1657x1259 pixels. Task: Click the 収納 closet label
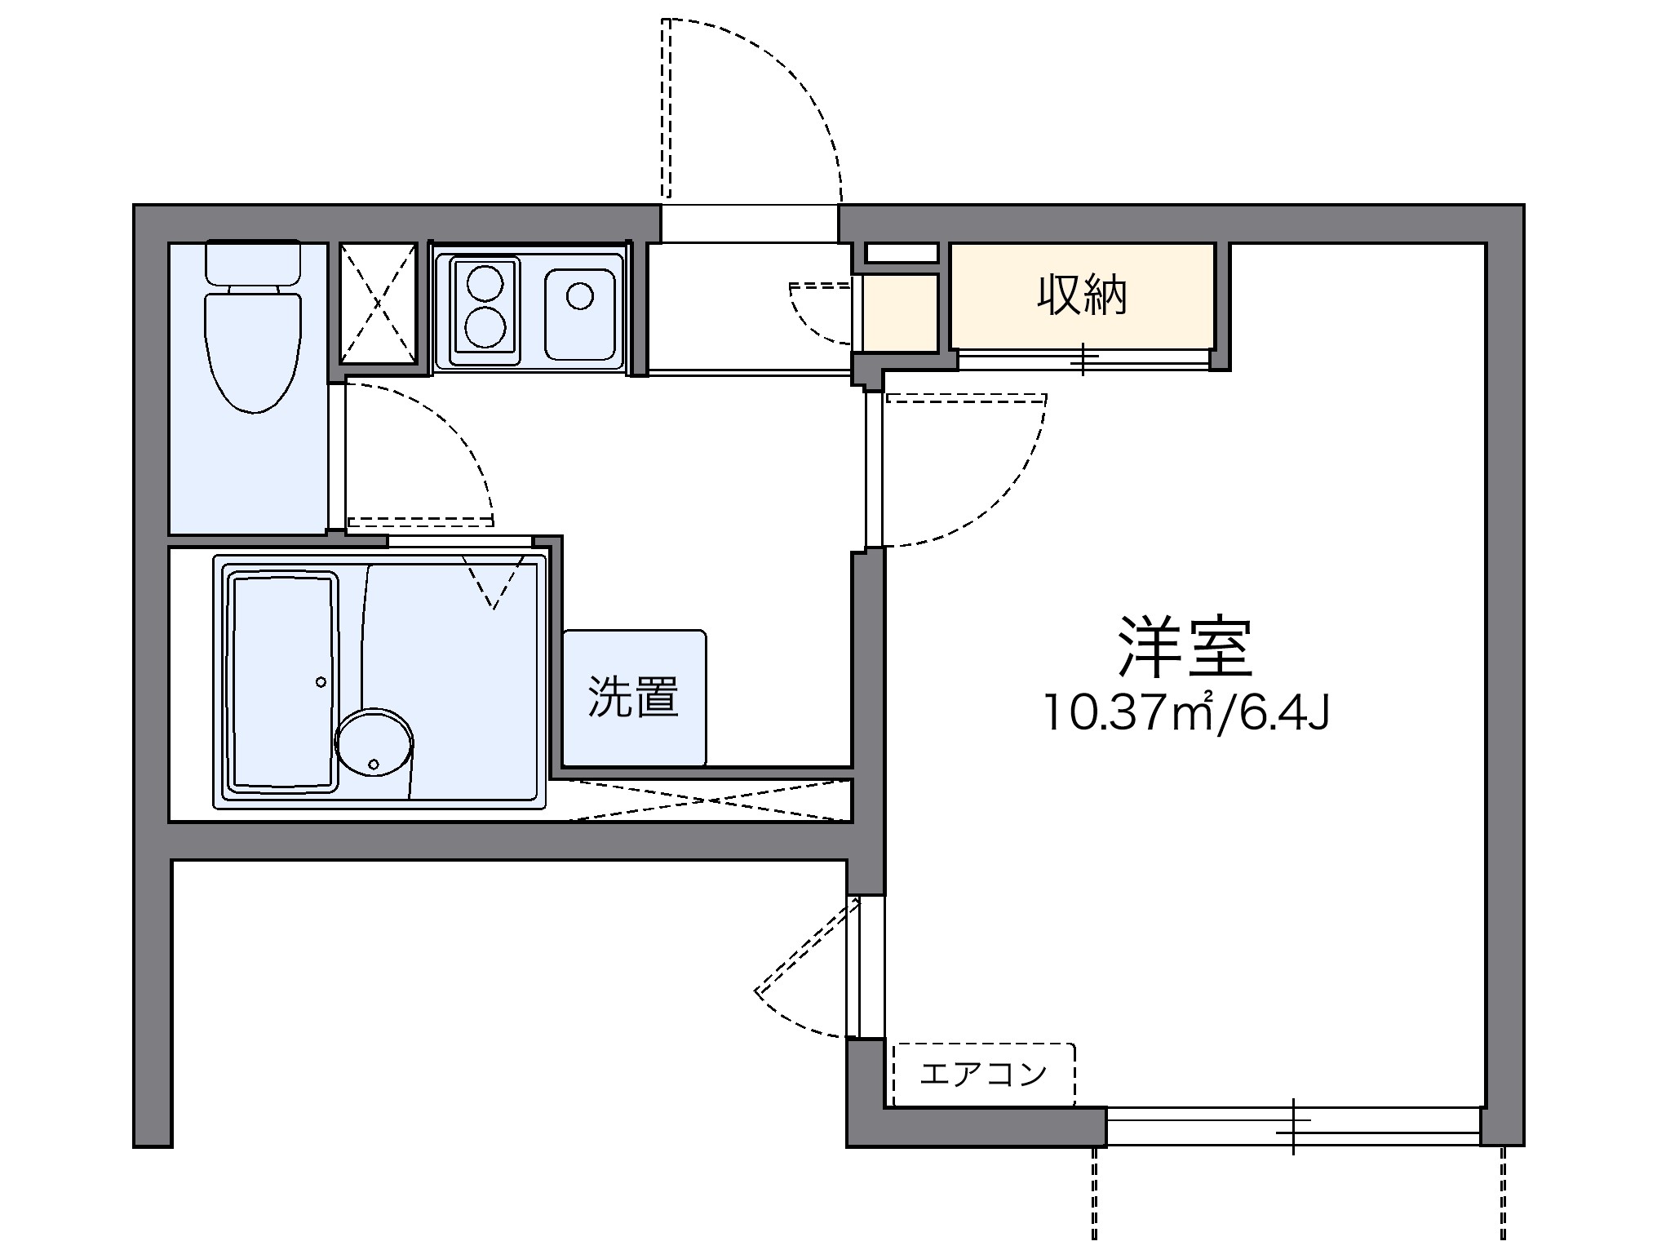(1081, 296)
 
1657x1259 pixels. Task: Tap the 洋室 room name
(1185, 647)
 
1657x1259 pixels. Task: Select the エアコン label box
(983, 1074)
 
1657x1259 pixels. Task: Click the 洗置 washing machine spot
(633, 698)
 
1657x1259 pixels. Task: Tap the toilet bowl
(252, 351)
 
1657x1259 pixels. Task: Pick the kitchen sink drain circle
(579, 295)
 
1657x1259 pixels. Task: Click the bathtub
(283, 682)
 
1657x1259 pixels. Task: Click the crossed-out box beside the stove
(378, 303)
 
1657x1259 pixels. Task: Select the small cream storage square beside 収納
(900, 313)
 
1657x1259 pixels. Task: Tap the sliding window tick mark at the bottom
(1293, 1126)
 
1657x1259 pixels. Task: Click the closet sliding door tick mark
(1083, 359)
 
